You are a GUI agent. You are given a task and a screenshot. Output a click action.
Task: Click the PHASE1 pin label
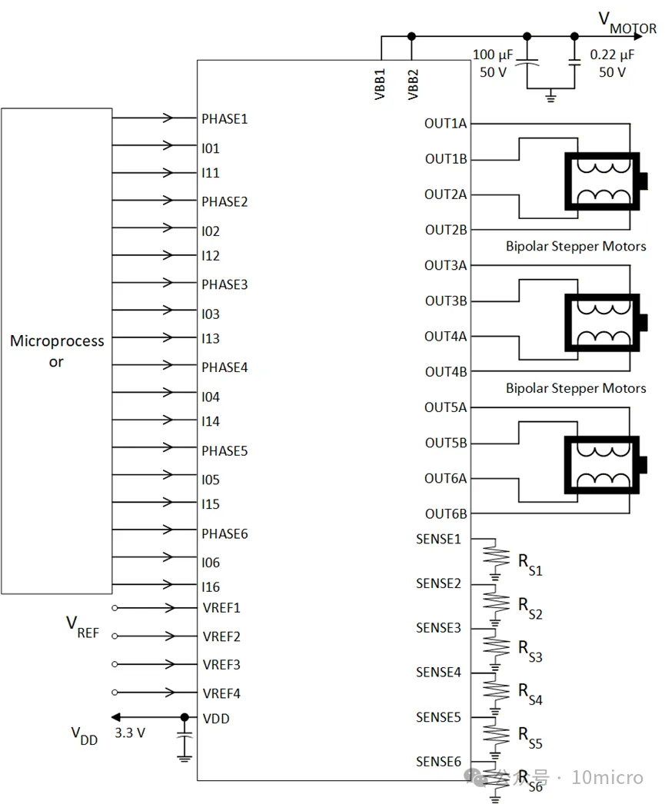tap(224, 119)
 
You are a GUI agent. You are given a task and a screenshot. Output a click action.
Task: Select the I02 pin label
tap(211, 231)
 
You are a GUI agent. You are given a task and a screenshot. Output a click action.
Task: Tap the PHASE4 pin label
tap(224, 367)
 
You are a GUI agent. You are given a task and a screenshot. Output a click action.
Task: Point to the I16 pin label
tap(211, 586)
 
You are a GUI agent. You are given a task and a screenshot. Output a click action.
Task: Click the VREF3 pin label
tap(221, 665)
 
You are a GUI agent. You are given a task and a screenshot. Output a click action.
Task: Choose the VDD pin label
tap(215, 719)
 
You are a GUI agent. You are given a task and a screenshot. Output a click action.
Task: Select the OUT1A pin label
tap(445, 124)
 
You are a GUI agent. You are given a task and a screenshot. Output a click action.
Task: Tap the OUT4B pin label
tap(445, 372)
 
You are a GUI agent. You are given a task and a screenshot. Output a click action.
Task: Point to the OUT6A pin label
tap(445, 478)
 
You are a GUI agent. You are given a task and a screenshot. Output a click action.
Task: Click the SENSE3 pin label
tap(438, 628)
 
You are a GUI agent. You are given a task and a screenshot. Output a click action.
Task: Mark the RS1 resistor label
tap(530, 566)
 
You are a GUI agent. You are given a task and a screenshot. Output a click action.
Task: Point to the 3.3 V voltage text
tap(129, 733)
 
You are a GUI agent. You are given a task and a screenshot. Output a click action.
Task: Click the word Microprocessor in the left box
tap(57, 351)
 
